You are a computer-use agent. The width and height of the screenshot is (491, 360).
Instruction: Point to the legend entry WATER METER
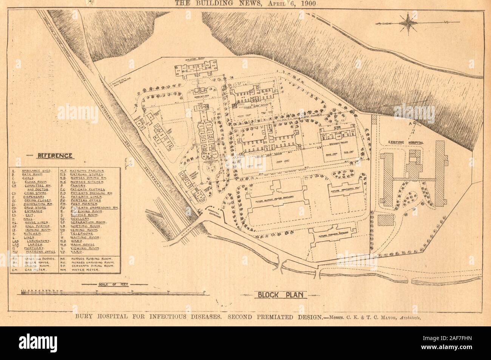click(85, 270)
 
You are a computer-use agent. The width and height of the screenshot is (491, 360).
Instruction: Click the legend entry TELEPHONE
click(81, 233)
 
